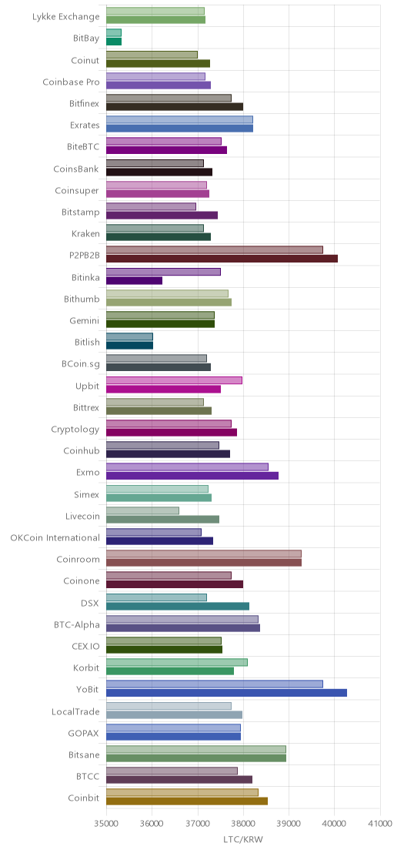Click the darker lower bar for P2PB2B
(x=222, y=259)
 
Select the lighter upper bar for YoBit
(x=215, y=684)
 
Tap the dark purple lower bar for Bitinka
(x=134, y=280)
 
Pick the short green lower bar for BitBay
(x=114, y=42)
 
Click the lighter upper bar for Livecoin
(x=142, y=510)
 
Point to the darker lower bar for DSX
(x=178, y=606)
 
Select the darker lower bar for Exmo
(x=192, y=476)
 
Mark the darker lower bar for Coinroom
(x=204, y=563)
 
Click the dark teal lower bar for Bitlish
(x=129, y=346)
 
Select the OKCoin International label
(x=55, y=538)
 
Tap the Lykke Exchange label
(x=66, y=17)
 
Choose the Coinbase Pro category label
(x=72, y=82)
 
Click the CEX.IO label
(x=86, y=646)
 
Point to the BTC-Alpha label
(x=78, y=624)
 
